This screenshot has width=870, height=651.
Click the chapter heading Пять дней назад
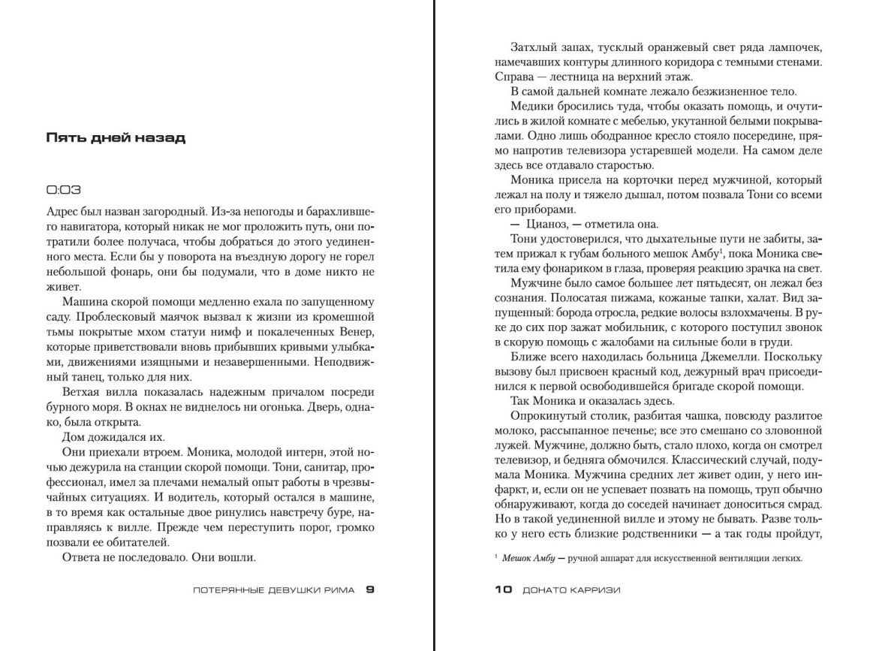pyautogui.click(x=116, y=138)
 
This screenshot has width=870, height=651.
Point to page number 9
pyautogui.click(x=369, y=589)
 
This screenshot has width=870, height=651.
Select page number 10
pyautogui.click(x=502, y=589)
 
